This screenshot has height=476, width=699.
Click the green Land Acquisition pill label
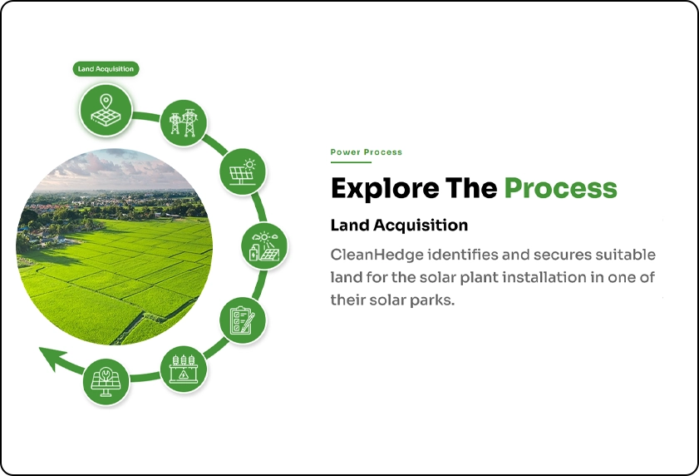106,69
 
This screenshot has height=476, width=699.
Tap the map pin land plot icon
106,110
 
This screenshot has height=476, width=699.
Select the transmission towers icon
183,122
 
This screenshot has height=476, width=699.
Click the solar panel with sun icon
243,171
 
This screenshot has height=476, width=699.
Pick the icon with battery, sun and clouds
264,246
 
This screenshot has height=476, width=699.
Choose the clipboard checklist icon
243,320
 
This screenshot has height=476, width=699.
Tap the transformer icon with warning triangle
183,369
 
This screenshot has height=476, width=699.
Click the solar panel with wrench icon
106,382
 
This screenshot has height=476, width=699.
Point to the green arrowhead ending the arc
52,357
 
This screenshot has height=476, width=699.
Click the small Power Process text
366,152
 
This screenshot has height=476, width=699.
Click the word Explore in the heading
385,188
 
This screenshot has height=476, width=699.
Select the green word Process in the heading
560,188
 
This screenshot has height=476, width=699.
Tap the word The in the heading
471,187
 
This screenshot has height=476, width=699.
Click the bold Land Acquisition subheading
399,225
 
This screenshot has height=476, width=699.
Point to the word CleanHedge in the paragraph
377,255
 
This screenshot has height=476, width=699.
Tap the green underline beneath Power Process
351,162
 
